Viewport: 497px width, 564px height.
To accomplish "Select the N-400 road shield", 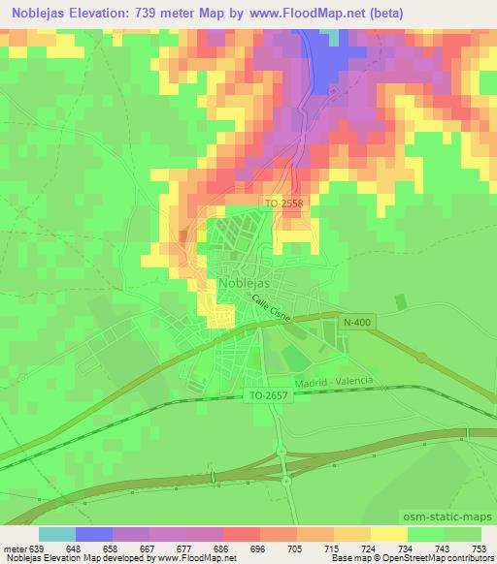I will pyautogui.click(x=356, y=321).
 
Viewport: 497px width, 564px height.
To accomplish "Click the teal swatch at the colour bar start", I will pyautogui.click(x=57, y=534).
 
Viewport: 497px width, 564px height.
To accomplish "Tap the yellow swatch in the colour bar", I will pyautogui.click(x=389, y=534).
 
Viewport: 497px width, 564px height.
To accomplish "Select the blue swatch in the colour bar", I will pyautogui.click(x=94, y=534).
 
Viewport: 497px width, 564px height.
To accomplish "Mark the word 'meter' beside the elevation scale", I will pyautogui.click(x=16, y=548).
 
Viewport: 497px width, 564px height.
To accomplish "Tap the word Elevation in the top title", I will pyautogui.click(x=108, y=13).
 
